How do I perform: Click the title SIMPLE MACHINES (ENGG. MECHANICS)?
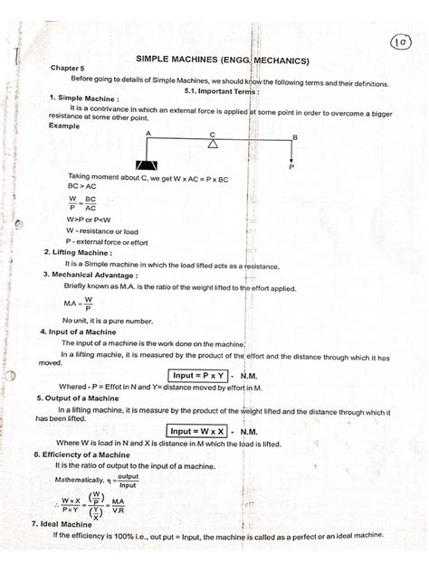(x=223, y=61)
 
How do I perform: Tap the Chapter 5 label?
(x=66, y=69)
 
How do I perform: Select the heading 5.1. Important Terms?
(x=221, y=91)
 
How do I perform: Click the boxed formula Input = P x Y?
(x=196, y=375)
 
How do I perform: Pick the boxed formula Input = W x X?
(x=196, y=431)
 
